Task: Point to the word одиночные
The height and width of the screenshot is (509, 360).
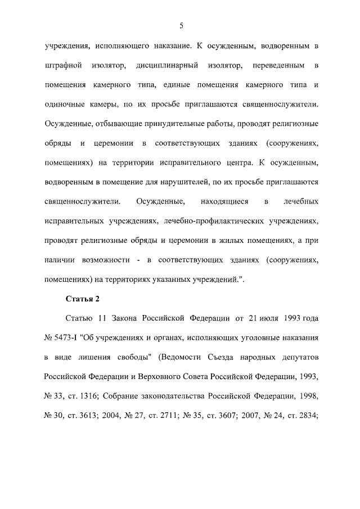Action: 66,105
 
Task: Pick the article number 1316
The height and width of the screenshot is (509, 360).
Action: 107,395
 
